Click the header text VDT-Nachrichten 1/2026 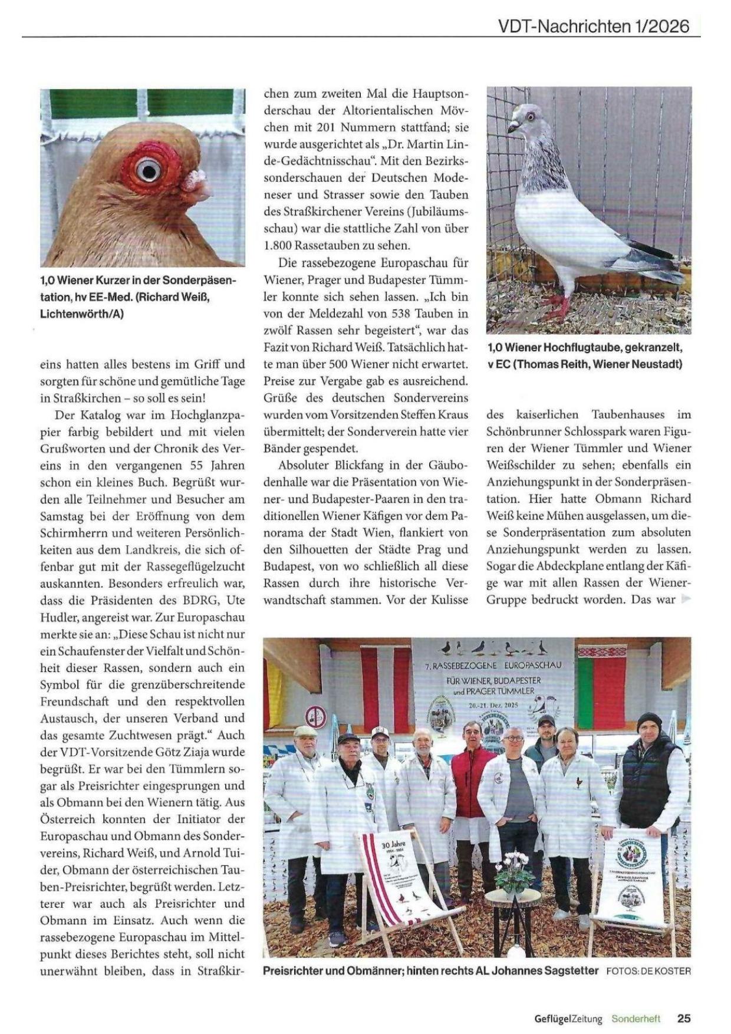pyautogui.click(x=593, y=26)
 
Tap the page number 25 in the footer pyautogui.click(x=684, y=1018)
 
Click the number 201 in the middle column pyautogui.click(x=329, y=127)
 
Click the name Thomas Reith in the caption pyautogui.click(x=550, y=364)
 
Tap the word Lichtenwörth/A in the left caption pyautogui.click(x=82, y=314)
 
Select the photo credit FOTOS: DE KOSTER pyautogui.click(x=648, y=971)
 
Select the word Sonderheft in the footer pyautogui.click(x=635, y=1019)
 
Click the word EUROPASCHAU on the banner pyautogui.click(x=528, y=666)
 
